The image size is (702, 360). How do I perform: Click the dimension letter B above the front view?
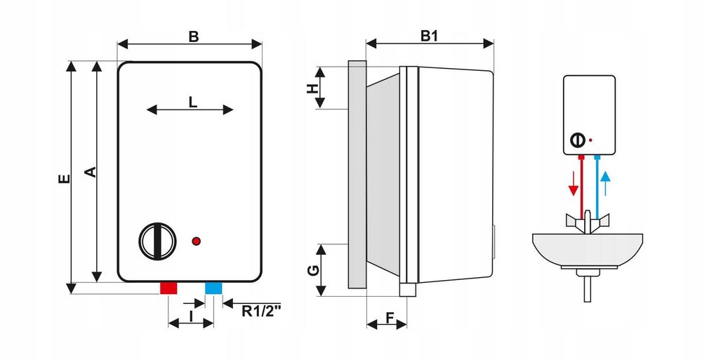[x=194, y=36]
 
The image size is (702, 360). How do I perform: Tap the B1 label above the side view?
[x=429, y=36]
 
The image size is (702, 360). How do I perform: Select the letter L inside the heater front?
[x=192, y=102]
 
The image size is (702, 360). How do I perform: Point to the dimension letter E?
[x=65, y=179]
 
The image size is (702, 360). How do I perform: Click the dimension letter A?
[x=91, y=172]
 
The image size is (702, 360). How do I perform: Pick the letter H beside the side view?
[x=312, y=88]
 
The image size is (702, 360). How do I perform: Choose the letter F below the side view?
[x=389, y=317]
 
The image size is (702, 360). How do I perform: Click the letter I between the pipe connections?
[x=191, y=316]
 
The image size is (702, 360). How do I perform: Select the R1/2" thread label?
[x=261, y=311]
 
